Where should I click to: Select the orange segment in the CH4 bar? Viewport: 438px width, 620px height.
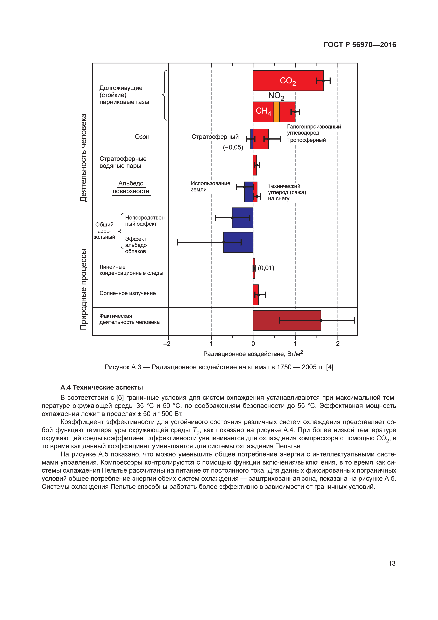[x=276, y=112]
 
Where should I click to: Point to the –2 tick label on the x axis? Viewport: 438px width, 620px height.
[x=167, y=344]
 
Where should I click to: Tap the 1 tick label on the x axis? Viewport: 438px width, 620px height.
[x=295, y=344]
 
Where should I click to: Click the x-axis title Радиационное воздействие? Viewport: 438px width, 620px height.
[x=253, y=354]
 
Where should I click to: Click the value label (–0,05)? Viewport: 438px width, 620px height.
[x=233, y=147]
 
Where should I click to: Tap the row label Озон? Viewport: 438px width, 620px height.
[x=142, y=137]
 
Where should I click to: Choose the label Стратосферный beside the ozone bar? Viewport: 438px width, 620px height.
[x=215, y=137]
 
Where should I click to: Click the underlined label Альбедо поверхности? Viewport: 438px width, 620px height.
[x=131, y=187]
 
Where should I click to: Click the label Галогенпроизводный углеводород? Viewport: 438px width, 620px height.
[x=314, y=130]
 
